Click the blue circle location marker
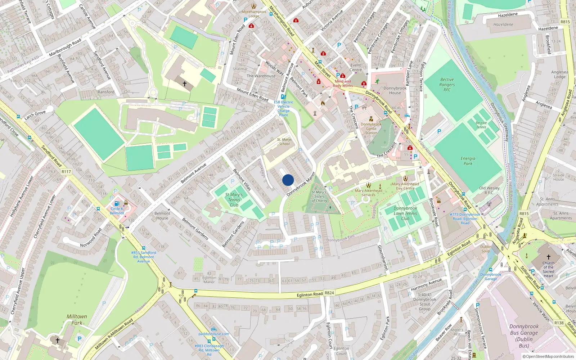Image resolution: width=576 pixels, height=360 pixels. [288, 180]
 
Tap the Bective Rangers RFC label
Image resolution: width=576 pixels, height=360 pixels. [447, 85]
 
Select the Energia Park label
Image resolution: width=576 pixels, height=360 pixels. [468, 161]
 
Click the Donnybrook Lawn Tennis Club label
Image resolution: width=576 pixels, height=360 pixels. [405, 213]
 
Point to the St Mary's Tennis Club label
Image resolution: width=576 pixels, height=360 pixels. [234, 200]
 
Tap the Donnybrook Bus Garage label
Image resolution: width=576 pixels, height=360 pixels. [524, 336]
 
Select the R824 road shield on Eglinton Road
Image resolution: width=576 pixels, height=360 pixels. [329, 293]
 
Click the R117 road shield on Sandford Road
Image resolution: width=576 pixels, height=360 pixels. [66, 172]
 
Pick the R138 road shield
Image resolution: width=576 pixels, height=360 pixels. [559, 323]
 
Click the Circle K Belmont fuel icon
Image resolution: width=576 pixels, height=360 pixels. [117, 203]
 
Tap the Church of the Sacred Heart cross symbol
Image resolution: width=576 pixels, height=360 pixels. [549, 257]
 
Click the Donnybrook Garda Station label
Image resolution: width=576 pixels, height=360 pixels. [371, 129]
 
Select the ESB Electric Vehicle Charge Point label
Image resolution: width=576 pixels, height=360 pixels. [283, 108]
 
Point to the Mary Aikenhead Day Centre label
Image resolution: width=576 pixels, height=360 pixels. [405, 186]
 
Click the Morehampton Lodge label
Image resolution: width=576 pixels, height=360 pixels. [253, 14]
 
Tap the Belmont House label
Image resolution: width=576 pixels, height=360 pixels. [162, 216]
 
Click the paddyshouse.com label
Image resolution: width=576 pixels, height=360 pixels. [213, 334]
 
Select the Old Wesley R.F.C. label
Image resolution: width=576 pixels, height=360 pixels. [489, 190]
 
